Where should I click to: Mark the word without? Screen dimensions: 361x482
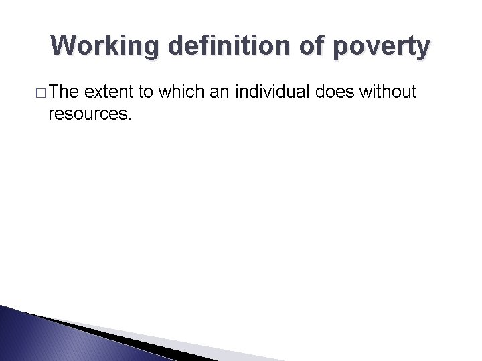pos(388,92)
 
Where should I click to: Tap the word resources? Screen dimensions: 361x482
pos(87,114)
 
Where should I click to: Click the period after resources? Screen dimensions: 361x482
pos(130,119)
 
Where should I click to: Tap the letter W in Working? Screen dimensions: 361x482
pos(62,46)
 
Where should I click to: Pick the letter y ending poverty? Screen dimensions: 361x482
pos(423,49)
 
